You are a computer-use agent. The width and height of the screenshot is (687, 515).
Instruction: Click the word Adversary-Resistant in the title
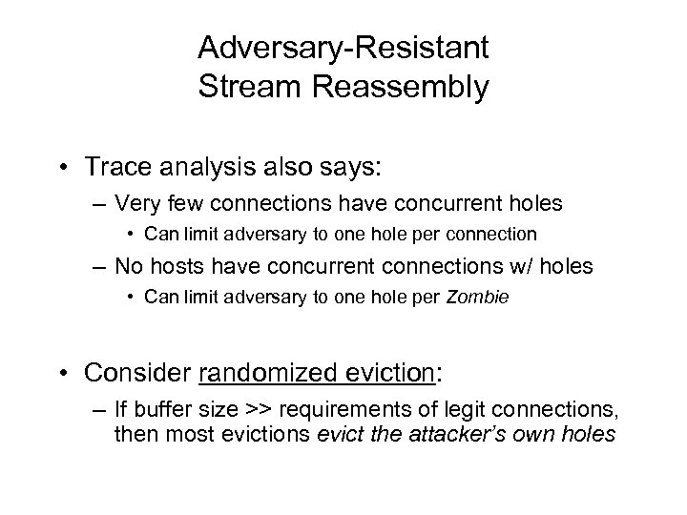point(343,46)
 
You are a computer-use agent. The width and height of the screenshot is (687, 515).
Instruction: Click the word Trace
point(137,167)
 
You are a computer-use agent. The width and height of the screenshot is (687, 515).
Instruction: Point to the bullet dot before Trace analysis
point(96,168)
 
